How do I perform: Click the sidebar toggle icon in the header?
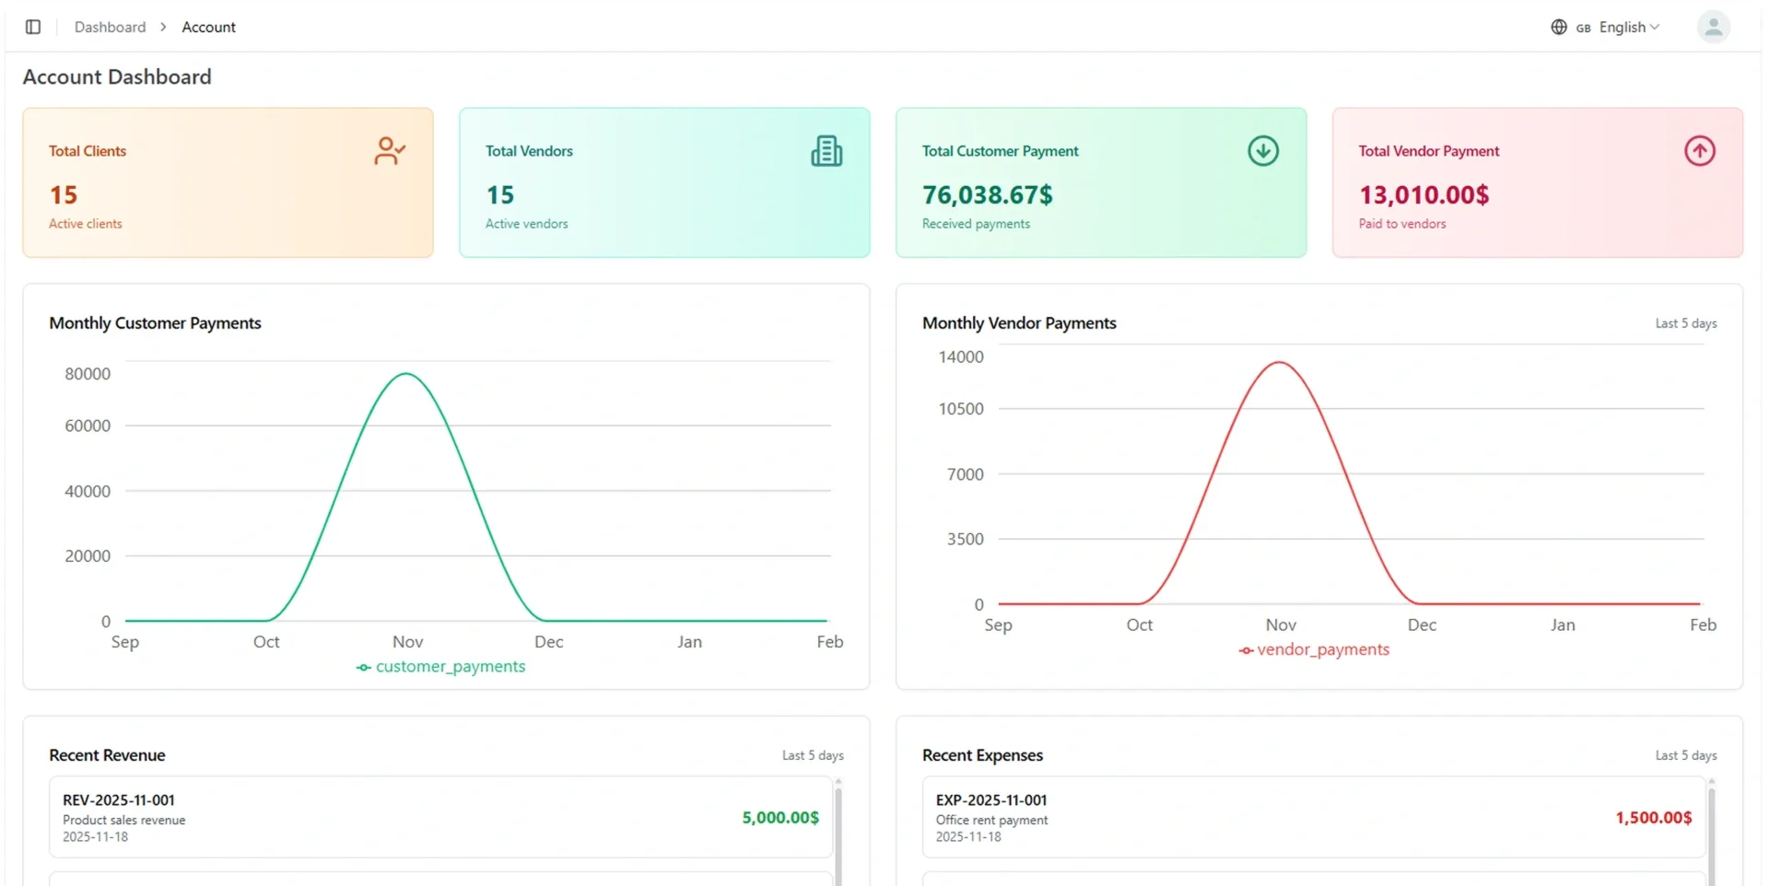point(33,27)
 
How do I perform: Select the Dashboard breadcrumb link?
point(110,27)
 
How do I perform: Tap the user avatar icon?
point(1713,27)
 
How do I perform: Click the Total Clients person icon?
point(390,150)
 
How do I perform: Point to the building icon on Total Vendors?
point(826,150)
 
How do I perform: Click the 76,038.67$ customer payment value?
point(987,194)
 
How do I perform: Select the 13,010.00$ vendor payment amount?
point(1423,194)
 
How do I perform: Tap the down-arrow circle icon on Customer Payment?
point(1263,150)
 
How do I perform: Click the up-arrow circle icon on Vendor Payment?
point(1700,150)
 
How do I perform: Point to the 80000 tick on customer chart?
point(88,373)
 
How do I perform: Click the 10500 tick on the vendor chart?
point(961,408)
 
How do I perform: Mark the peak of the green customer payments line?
point(406,373)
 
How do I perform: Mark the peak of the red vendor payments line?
point(1280,362)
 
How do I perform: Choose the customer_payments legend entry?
point(440,666)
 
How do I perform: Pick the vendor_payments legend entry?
point(1314,649)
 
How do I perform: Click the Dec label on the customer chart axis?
point(548,641)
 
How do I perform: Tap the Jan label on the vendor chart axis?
point(1563,624)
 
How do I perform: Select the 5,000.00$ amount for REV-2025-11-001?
point(780,817)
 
